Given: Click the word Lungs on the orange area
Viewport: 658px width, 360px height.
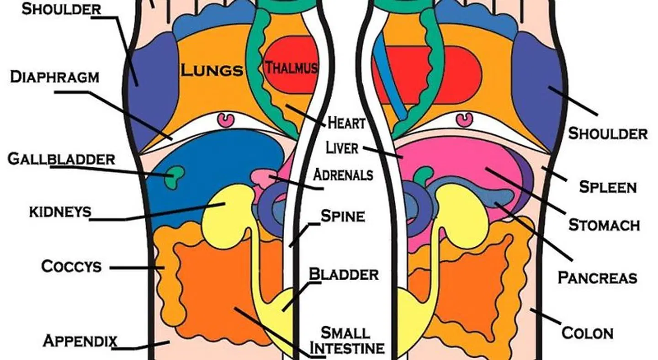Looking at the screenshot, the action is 212,70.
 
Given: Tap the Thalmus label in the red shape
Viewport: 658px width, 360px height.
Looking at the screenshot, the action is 291,67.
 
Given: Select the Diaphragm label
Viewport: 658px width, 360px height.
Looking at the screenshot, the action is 55,77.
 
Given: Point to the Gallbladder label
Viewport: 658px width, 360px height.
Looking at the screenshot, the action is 61,159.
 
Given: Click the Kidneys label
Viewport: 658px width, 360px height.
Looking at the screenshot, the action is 60,212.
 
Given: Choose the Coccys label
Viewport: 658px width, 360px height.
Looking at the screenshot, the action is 71,266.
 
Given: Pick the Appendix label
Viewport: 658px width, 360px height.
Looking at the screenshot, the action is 80,341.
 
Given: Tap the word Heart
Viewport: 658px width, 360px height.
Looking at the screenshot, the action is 346,123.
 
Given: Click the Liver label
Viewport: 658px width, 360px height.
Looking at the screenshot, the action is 342,148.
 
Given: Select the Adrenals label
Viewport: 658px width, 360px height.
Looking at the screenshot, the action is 343,175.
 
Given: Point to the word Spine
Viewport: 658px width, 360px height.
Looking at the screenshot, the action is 343,216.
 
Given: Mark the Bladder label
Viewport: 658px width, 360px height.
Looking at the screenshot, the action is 344,274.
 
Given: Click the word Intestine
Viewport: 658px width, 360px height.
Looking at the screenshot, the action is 347,348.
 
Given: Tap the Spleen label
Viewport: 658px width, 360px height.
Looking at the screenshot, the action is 608,187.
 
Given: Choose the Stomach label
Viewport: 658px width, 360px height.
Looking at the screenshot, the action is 604,225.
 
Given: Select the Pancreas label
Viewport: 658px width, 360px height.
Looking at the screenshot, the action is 597,278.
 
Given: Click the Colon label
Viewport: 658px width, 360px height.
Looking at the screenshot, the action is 587,334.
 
